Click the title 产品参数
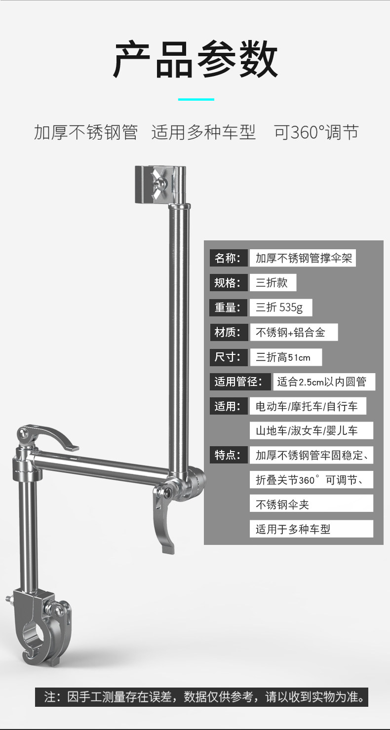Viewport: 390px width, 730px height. click(x=195, y=60)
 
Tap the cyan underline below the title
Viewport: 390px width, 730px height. click(x=195, y=99)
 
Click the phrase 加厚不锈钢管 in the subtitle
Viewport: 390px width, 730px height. click(x=85, y=132)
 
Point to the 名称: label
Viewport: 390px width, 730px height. click(x=228, y=258)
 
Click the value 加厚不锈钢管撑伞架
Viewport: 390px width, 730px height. click(x=303, y=258)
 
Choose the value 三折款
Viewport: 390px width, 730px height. click(x=273, y=283)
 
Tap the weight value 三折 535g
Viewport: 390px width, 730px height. click(x=280, y=307)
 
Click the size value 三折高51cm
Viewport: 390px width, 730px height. click(x=285, y=357)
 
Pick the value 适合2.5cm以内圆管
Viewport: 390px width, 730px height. click(x=324, y=382)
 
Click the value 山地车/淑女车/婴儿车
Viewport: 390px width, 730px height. click(x=311, y=430)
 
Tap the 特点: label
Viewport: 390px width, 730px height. click(x=228, y=455)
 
